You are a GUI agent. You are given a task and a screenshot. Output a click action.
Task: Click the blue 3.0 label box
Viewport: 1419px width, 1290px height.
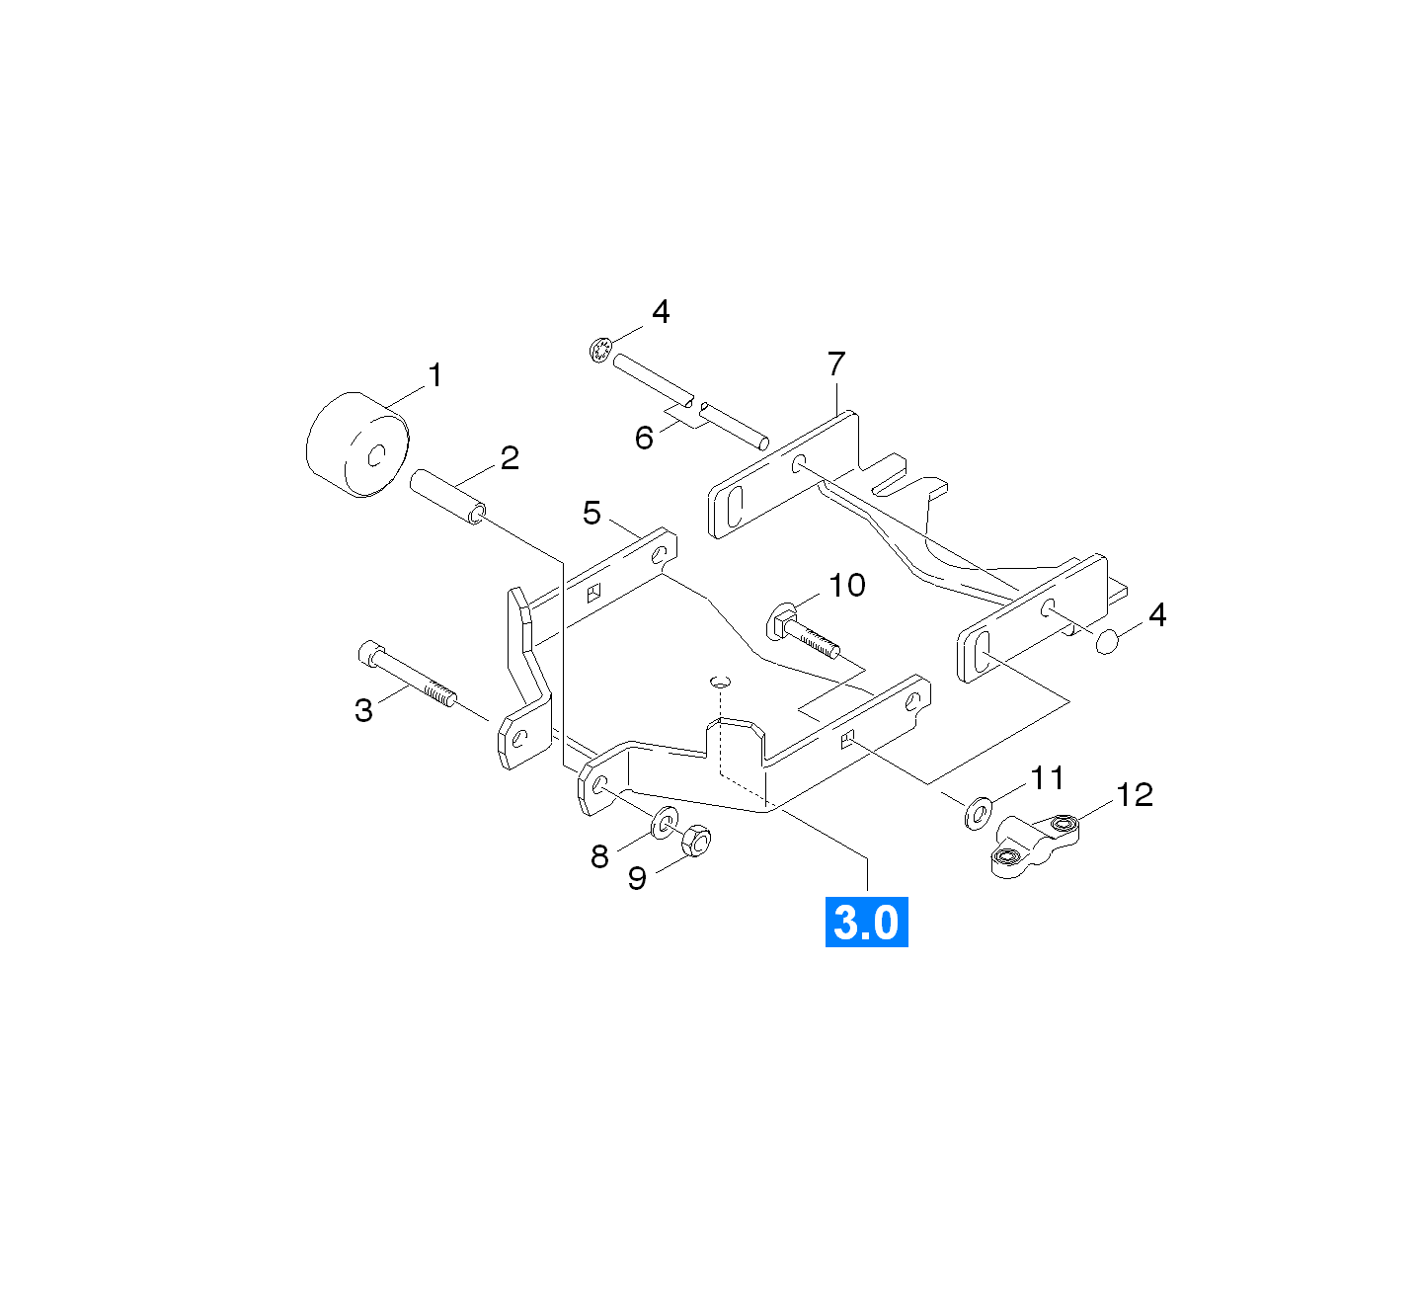click(866, 922)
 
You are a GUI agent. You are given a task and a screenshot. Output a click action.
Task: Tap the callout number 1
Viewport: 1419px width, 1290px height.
click(435, 375)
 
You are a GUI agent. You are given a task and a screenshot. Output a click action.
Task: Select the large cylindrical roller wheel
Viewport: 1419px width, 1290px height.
click(357, 444)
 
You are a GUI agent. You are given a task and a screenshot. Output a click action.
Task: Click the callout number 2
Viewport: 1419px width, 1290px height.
click(510, 458)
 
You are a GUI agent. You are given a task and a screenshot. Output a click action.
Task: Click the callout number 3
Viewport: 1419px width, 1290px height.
click(363, 710)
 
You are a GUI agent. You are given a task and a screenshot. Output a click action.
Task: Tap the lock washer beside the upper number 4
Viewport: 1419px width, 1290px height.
click(600, 350)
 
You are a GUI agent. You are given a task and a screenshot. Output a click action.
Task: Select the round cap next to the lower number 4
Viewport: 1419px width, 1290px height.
click(1107, 642)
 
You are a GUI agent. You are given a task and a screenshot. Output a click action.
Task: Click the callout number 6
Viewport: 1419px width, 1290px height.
click(644, 438)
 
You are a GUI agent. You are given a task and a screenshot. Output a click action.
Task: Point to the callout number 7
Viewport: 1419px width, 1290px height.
click(836, 363)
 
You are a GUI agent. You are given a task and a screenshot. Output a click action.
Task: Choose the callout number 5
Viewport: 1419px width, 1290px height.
click(592, 513)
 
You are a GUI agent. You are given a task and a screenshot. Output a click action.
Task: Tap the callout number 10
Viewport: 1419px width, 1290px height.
click(846, 585)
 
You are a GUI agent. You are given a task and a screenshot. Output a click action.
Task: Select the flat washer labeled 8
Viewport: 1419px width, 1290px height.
click(665, 822)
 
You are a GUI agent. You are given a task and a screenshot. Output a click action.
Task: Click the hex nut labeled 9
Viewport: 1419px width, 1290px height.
click(696, 841)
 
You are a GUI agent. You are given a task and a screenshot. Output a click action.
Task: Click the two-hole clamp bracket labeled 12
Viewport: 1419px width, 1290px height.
click(1035, 846)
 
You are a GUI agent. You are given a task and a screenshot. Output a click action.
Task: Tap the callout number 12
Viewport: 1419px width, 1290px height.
click(1135, 795)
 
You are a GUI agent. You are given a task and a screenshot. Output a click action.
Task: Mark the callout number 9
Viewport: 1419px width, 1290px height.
click(637, 879)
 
